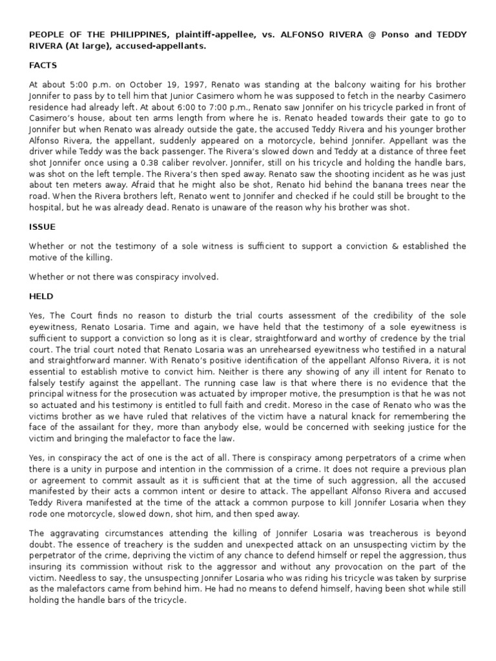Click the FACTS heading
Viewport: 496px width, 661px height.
[x=43, y=65]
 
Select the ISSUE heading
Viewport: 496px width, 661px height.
[x=41, y=227]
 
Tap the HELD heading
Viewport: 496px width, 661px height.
[x=41, y=296]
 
